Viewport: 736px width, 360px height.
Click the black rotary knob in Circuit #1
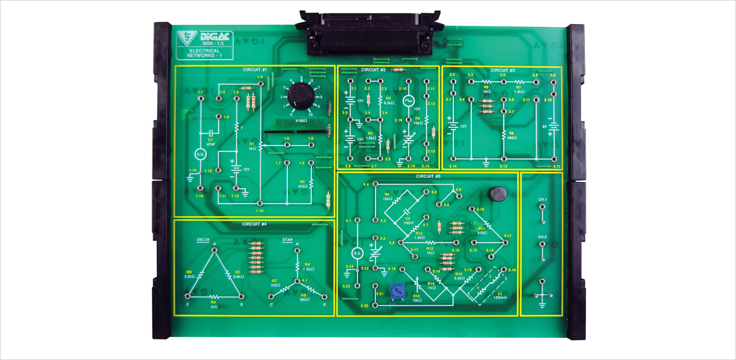301,96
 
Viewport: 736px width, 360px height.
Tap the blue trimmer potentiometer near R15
397,291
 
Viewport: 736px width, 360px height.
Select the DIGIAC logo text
214,37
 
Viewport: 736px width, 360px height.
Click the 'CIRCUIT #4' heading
254,224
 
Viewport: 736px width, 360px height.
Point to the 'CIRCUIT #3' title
503,70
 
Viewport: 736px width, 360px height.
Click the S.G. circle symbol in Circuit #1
200,154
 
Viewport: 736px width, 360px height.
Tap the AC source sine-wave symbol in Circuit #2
408,101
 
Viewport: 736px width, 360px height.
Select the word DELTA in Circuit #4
203,240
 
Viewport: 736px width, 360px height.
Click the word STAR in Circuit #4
287,240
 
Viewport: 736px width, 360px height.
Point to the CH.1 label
542,199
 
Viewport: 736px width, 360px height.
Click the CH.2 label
542,237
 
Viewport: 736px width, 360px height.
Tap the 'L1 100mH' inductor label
500,295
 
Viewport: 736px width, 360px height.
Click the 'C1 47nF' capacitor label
211,142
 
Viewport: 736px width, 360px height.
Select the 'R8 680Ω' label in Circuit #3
512,135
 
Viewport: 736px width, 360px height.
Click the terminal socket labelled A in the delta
215,250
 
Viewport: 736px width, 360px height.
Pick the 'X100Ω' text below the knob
301,121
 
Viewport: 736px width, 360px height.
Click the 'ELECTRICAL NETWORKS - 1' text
204,53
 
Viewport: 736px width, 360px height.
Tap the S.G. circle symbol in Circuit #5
357,253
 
